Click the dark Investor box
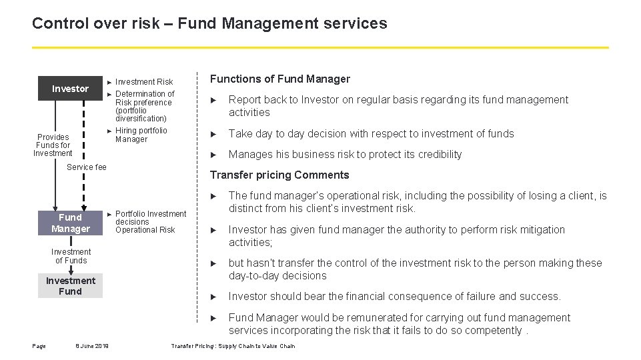70,89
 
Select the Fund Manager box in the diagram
70,223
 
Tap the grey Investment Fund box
70,286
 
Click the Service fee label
87,167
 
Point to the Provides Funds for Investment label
53,145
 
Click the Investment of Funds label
71,256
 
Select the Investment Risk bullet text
144,82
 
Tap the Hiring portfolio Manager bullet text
141,135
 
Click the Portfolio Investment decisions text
150,218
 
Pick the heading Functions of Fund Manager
280,79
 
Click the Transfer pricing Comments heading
279,175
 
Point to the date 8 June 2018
92,345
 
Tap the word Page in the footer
39,345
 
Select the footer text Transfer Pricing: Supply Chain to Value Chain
233,346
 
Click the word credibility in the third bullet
436,155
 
